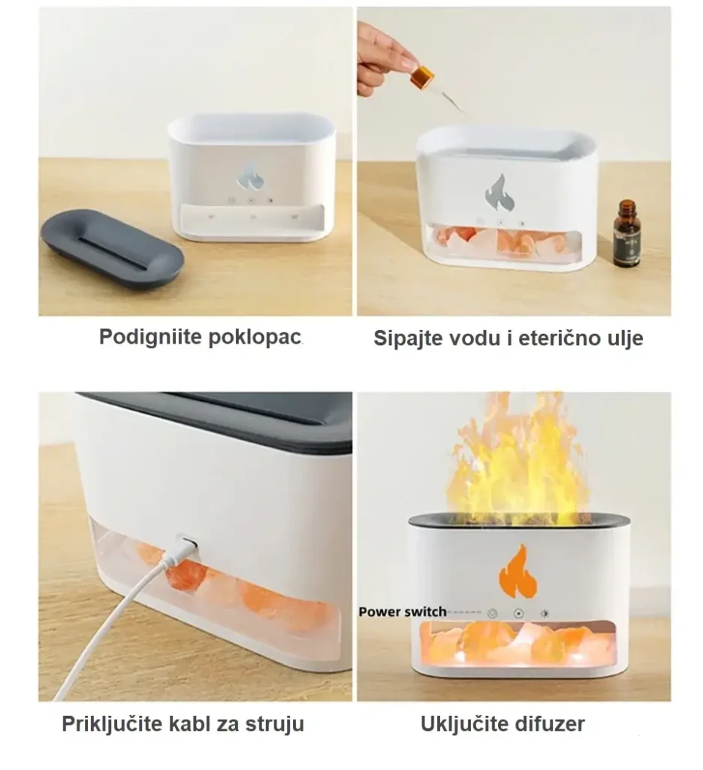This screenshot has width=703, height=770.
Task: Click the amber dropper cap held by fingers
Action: click(x=423, y=77)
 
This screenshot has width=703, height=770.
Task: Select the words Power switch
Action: click(x=403, y=612)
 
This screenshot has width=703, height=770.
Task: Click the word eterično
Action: click(x=560, y=339)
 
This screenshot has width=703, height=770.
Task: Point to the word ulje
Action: click(x=626, y=339)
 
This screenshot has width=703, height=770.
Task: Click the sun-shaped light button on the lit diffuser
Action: click(x=544, y=614)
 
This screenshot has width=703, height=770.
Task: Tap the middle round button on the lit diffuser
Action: click(x=518, y=614)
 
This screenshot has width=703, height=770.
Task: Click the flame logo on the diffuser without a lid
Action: click(x=251, y=174)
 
